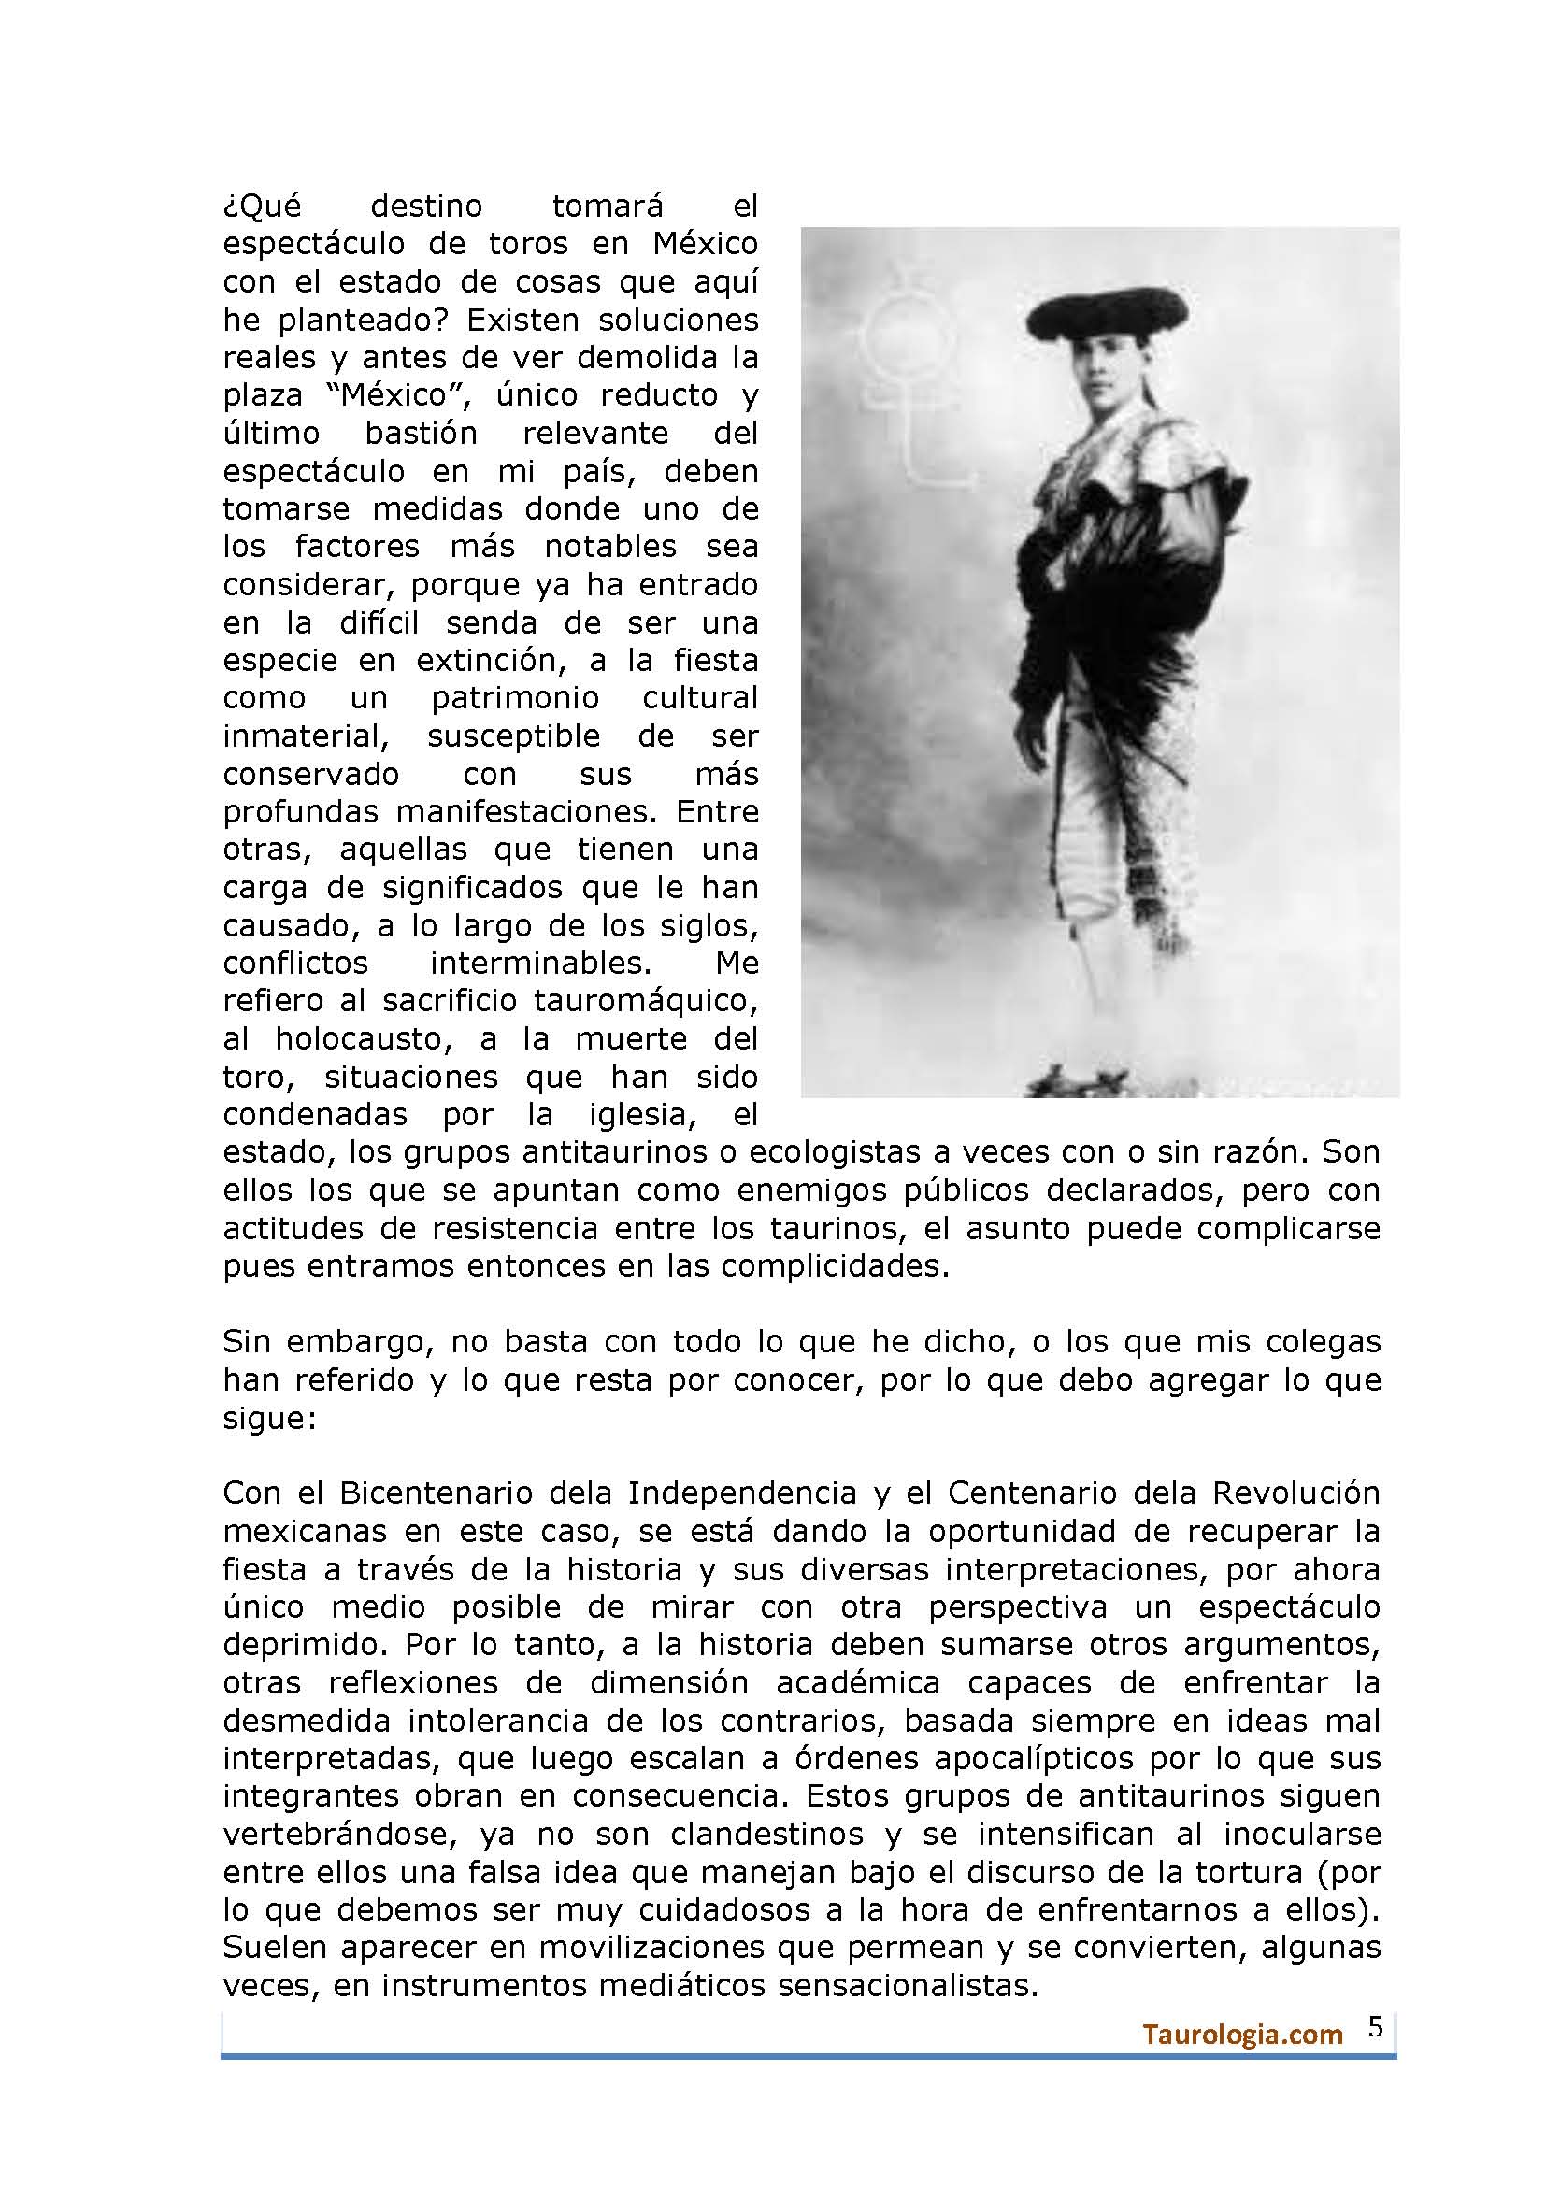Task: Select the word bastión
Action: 421,434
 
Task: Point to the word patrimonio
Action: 515,698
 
